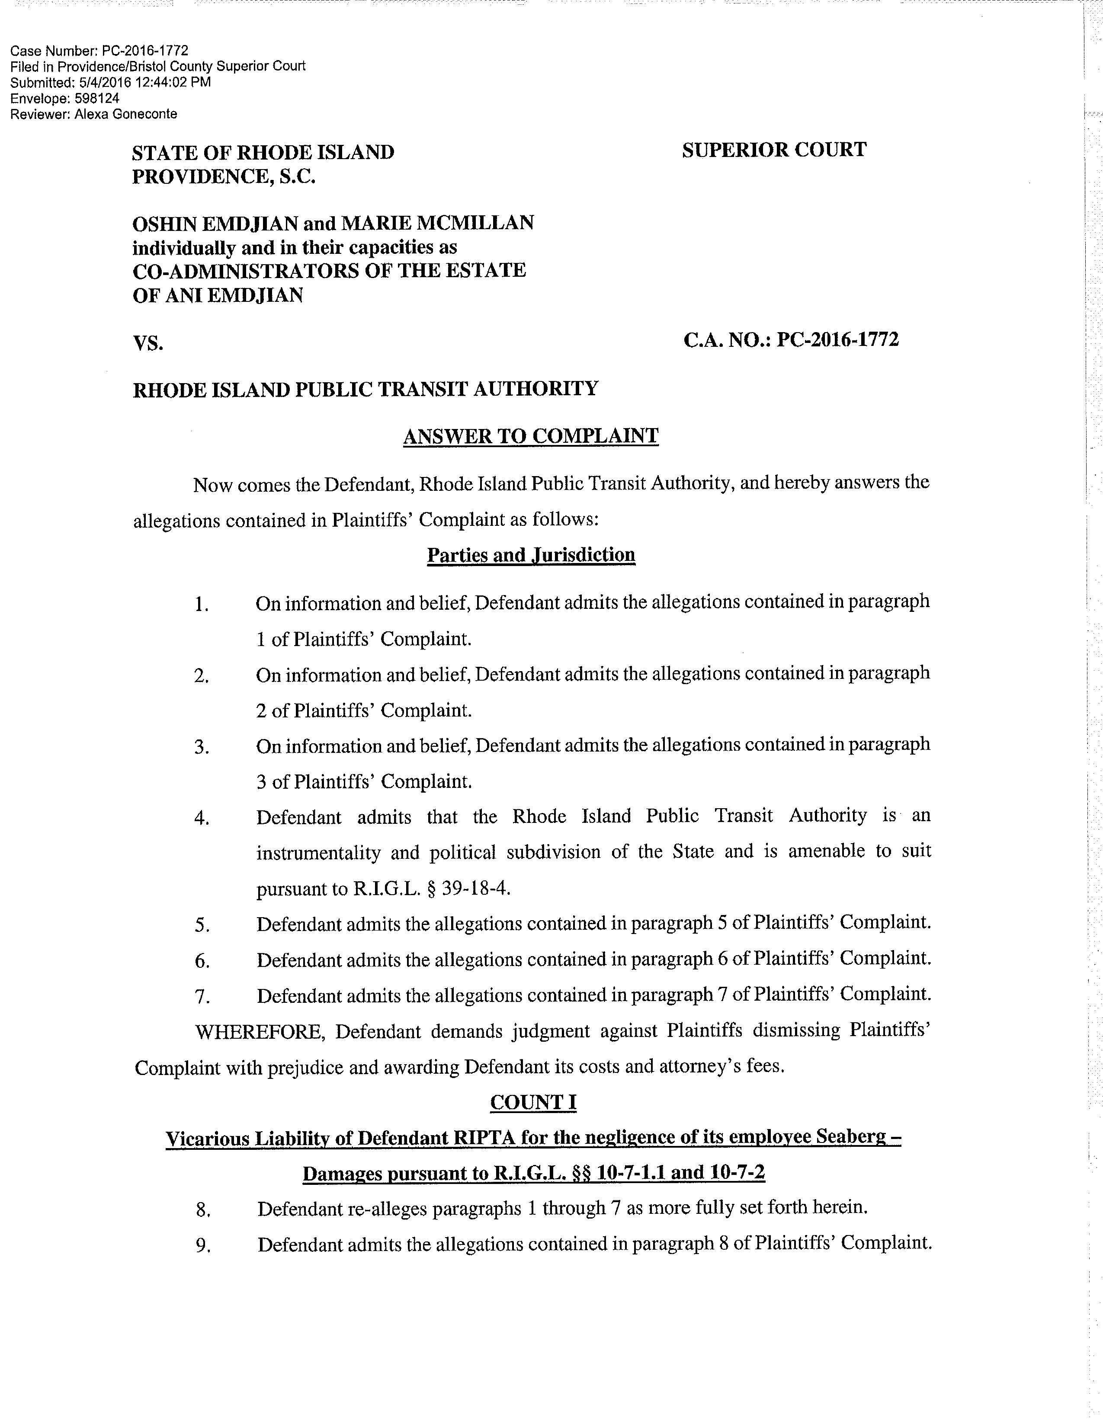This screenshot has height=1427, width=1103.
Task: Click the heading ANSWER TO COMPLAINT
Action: [531, 436]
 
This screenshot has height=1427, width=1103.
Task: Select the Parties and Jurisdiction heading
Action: [531, 555]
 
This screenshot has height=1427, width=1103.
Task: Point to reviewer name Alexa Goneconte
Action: [135, 114]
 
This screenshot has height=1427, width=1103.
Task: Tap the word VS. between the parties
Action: [147, 343]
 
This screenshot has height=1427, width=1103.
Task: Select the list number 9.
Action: [202, 1246]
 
